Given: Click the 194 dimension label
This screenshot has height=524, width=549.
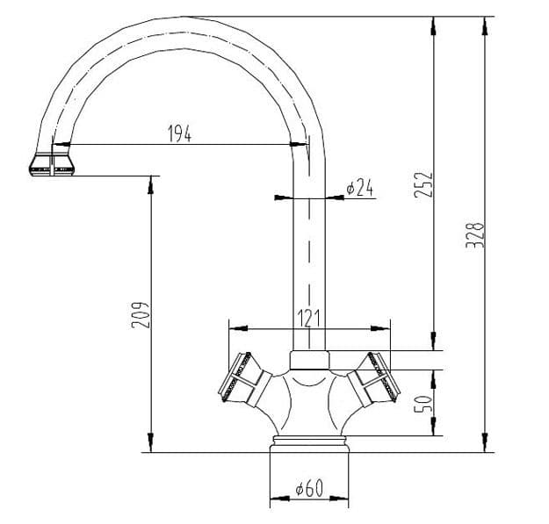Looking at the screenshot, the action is click(x=179, y=133).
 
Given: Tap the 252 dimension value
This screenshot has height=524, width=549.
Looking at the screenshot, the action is click(x=423, y=184).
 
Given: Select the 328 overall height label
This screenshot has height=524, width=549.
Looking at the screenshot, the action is click(x=475, y=235).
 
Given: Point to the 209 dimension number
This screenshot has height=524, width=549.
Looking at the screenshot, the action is click(x=141, y=315).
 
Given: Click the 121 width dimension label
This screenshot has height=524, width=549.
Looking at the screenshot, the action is click(x=309, y=319).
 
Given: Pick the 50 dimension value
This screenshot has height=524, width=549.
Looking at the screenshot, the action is click(x=423, y=404).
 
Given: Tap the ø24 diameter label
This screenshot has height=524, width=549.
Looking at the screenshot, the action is click(x=359, y=188).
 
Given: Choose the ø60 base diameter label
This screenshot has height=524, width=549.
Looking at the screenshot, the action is click(x=309, y=488).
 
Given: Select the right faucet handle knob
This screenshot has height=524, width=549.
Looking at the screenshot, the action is click(x=374, y=379).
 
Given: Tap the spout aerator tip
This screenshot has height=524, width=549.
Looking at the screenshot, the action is click(x=52, y=164).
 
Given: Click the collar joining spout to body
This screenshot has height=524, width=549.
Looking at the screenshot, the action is click(x=310, y=360).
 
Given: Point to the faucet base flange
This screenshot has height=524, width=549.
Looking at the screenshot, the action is click(x=309, y=444).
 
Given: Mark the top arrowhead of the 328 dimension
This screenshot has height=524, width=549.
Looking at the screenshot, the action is click(x=485, y=25).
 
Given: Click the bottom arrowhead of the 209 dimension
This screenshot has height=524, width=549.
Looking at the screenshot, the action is click(x=150, y=443).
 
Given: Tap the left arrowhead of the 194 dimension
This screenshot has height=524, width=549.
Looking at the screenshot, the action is click(x=61, y=144).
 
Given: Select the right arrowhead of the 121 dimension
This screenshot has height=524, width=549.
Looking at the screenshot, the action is click(x=380, y=328).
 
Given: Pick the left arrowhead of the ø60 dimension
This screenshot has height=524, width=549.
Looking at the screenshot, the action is click(x=279, y=499).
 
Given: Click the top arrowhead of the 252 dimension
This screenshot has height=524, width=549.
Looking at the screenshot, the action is click(x=433, y=25).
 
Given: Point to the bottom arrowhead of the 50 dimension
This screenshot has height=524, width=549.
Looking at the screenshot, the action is click(x=433, y=426).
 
